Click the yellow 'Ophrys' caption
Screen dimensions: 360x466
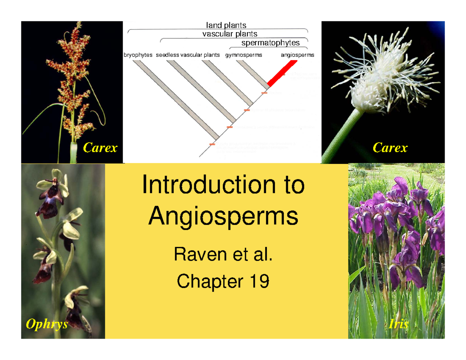[x=47, y=324]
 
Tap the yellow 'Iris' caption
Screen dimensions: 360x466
[x=398, y=324]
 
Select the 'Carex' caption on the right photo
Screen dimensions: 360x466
[x=389, y=148]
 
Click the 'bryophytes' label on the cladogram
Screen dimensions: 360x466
[x=138, y=55]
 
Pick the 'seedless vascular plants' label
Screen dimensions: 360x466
[x=188, y=55]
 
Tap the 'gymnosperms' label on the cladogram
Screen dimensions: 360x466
[x=243, y=55]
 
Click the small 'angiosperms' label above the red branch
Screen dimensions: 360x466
[x=297, y=55]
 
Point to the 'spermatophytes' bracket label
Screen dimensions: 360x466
[x=271, y=43]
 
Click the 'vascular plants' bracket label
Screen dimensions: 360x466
[x=230, y=34]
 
